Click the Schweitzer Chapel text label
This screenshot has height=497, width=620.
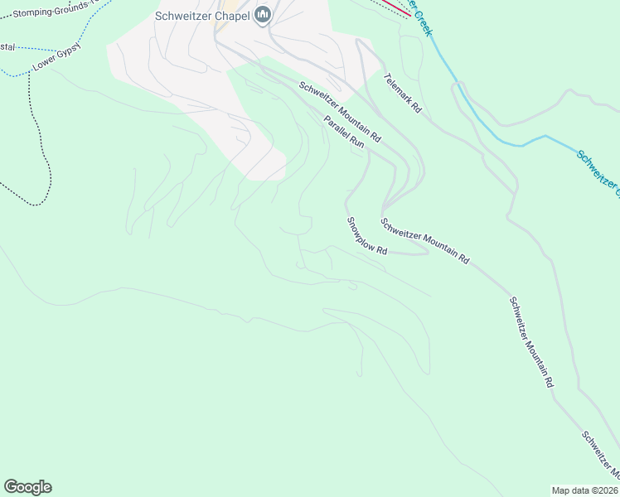(202, 16)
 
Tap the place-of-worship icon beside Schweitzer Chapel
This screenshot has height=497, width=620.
(263, 15)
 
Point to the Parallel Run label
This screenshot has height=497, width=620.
(344, 132)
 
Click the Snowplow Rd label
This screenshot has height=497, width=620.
(367, 236)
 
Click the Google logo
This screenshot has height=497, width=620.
(27, 487)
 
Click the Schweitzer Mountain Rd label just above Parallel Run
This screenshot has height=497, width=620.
(340, 111)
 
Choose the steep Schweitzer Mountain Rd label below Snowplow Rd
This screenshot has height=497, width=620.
(531, 343)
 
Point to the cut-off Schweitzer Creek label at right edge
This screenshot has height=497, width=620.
(598, 173)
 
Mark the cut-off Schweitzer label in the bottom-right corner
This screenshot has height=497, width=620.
(600, 454)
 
